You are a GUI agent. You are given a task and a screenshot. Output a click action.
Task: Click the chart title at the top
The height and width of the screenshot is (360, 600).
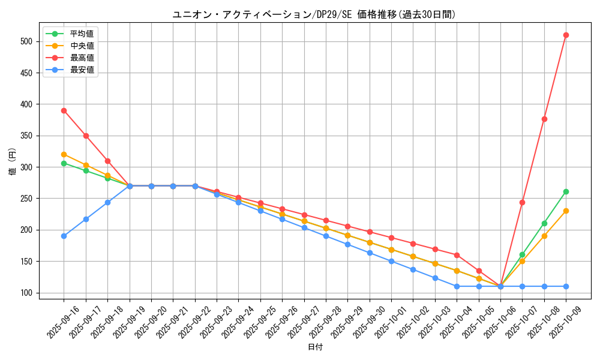(314, 14)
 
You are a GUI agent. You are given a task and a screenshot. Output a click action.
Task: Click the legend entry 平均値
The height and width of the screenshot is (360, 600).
(82, 34)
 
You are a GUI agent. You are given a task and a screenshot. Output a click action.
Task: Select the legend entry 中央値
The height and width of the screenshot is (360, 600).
(82, 46)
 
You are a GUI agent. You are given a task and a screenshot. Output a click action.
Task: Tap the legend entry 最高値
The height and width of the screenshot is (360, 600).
(82, 58)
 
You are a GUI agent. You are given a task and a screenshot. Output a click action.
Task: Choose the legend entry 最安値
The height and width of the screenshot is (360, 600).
(82, 70)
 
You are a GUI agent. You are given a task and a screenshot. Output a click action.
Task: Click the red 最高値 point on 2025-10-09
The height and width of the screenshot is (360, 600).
(566, 35)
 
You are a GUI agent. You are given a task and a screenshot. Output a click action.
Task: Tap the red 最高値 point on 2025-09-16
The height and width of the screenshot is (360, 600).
(64, 110)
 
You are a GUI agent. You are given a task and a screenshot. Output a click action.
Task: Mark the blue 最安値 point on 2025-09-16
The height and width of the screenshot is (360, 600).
(64, 236)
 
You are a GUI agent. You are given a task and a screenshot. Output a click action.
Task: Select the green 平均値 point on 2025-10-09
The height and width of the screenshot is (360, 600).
(566, 191)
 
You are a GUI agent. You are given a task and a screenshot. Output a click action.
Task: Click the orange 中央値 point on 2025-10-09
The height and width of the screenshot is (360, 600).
(566, 211)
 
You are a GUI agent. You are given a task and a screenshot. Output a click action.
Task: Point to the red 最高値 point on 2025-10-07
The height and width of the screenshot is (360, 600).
(522, 202)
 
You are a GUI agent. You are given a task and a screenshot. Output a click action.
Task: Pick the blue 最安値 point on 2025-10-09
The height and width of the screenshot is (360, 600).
(566, 286)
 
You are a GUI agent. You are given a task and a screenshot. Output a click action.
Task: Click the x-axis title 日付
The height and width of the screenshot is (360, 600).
(315, 347)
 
